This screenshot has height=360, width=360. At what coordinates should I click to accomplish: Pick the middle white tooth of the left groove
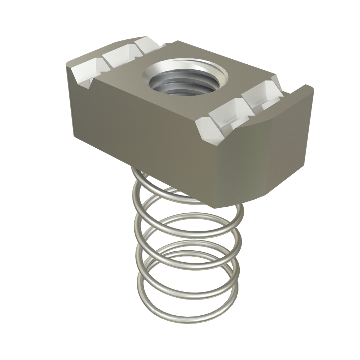pyautogui.click(x=118, y=56)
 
